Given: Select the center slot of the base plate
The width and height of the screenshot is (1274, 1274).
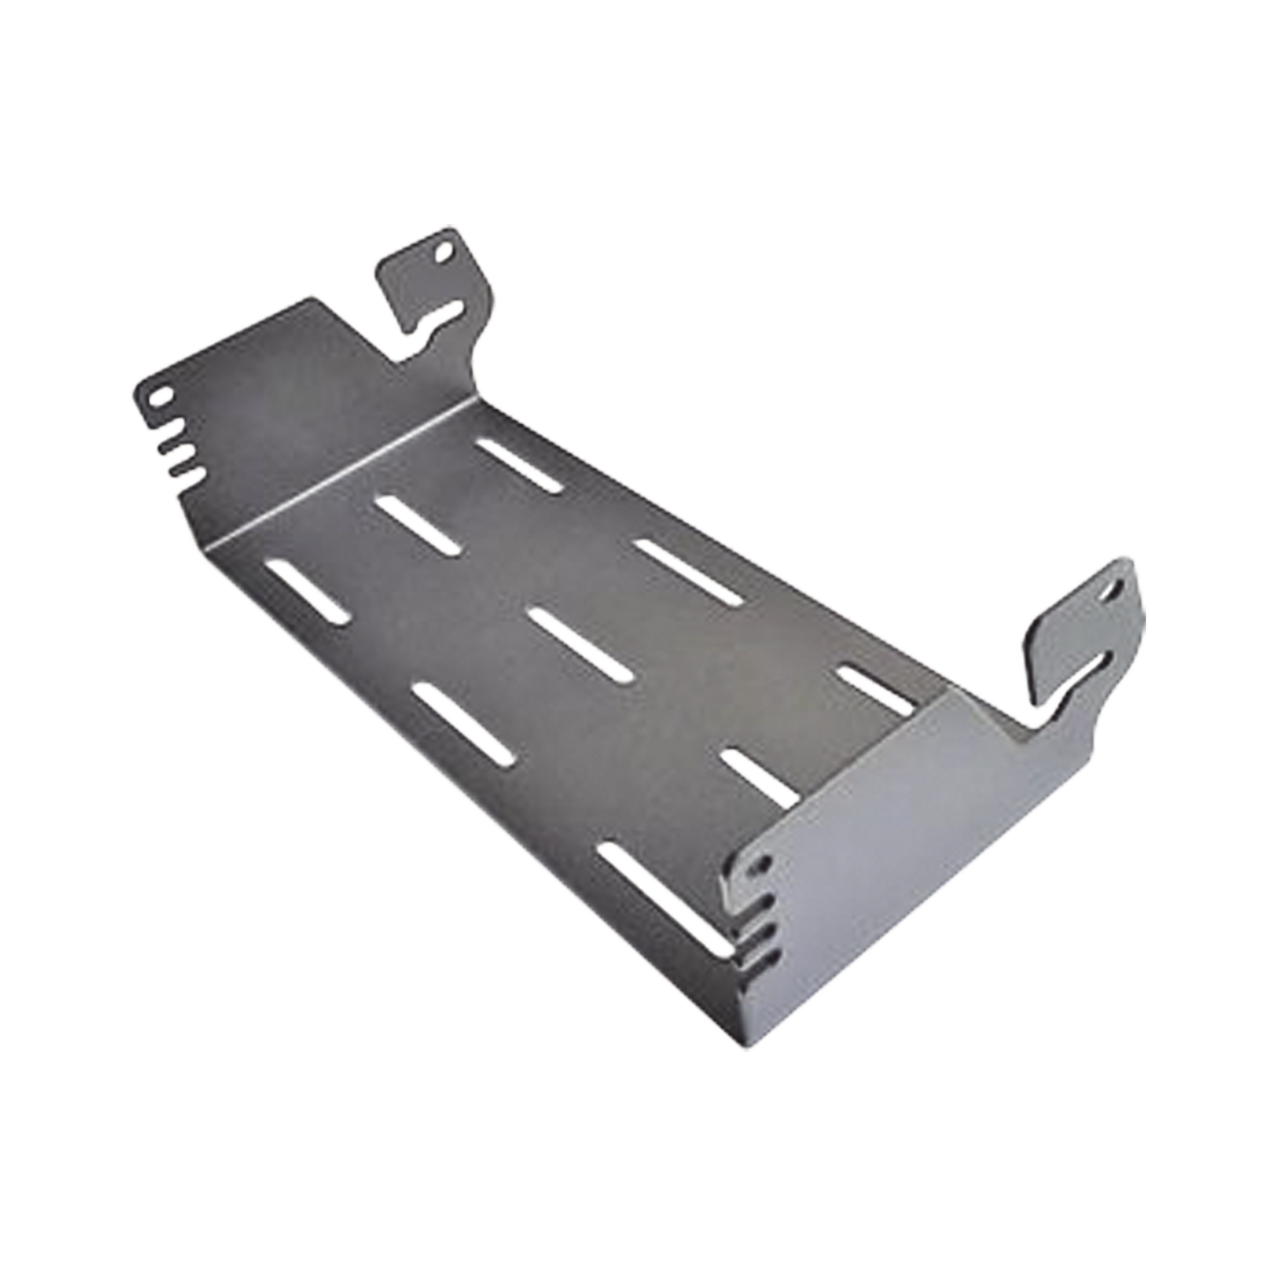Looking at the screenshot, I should coord(582,643).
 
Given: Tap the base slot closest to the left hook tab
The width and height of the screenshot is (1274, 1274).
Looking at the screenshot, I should coord(521,461).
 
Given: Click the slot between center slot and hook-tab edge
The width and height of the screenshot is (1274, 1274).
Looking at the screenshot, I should coord(689,572).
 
